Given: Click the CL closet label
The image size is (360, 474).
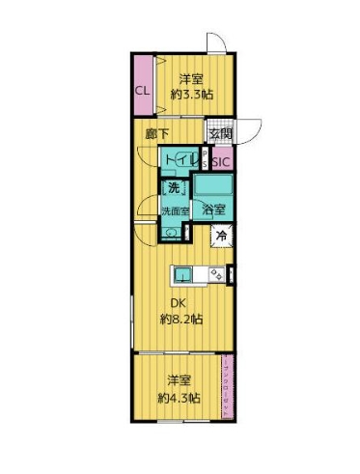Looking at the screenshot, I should click(x=142, y=91).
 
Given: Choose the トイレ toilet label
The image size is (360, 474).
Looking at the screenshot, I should click(x=181, y=159).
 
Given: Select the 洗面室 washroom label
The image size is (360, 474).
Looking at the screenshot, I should click(x=174, y=209).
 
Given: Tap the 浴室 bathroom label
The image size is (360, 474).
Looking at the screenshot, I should click(x=213, y=209).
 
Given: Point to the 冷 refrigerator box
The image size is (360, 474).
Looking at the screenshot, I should click(x=222, y=236).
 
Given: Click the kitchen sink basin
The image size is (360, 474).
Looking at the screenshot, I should click(x=183, y=274).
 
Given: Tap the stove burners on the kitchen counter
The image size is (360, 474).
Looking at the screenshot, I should click(x=217, y=274).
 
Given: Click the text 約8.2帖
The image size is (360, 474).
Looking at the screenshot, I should click(x=180, y=318).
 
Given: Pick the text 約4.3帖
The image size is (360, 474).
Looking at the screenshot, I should click(x=180, y=397).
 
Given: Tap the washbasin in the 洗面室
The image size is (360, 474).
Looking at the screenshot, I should click(x=170, y=232).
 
